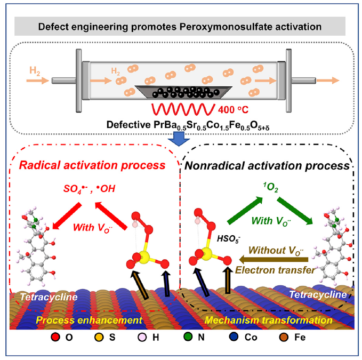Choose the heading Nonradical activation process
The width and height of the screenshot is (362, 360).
pyautogui.click(x=268, y=165)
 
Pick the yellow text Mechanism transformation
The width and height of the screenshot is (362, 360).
pyautogui.click(x=264, y=320)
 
